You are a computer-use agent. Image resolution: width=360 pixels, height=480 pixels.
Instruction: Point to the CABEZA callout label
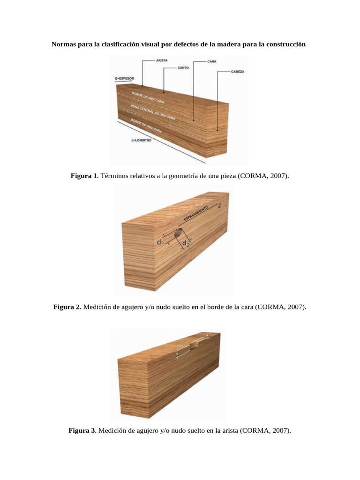point(238,72)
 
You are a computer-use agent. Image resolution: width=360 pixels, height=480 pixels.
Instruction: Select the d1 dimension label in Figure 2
point(160,242)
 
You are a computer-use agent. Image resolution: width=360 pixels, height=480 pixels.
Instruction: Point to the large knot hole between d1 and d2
point(178,232)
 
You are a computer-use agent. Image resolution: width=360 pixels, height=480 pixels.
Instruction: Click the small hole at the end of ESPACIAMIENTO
point(219,205)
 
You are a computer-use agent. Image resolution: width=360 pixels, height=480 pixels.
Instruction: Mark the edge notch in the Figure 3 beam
point(194,346)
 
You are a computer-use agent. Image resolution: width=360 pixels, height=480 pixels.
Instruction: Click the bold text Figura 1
point(84,176)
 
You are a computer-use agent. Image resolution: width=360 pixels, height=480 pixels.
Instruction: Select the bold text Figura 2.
point(67,307)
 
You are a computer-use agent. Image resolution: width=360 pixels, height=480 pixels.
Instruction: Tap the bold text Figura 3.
point(82,430)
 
